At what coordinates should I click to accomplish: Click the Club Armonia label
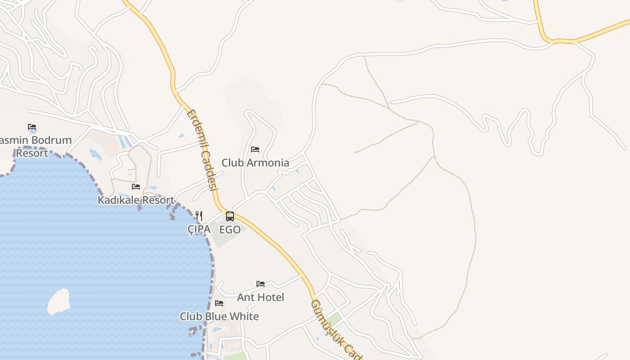pos(255,162)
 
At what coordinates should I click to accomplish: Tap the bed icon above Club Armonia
pos(255,149)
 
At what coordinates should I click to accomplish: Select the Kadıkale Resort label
pos(136,200)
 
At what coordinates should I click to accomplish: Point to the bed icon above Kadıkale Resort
pos(136,186)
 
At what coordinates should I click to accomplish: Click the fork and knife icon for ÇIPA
pos(199,216)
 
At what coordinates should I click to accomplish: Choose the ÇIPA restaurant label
pos(199,229)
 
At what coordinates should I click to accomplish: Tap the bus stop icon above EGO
pos(230,216)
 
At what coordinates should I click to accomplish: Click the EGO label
pos(230,229)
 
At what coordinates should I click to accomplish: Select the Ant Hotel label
pos(261,297)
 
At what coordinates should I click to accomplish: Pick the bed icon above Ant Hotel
pos(261,284)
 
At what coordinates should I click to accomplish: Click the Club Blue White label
pos(219,316)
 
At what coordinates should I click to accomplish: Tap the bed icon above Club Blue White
pos(219,303)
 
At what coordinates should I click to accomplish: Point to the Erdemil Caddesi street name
pos(202,150)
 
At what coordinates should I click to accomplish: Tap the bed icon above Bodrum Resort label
pos(32,127)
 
